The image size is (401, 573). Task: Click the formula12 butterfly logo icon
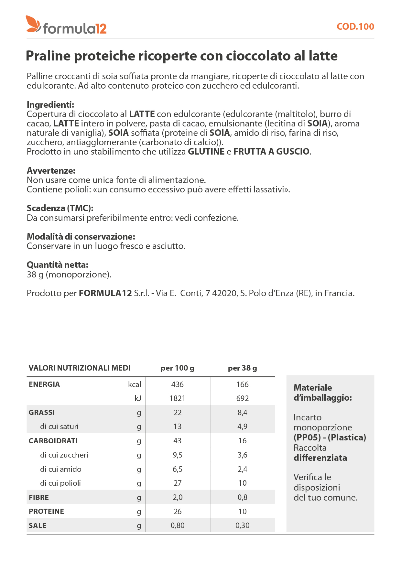(x=33, y=24)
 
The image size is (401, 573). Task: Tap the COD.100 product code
(x=355, y=27)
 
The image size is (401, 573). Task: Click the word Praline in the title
(x=48, y=56)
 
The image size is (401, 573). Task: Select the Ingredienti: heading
(x=50, y=105)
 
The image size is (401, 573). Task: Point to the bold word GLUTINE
(x=206, y=152)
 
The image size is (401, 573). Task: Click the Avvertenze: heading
(x=51, y=170)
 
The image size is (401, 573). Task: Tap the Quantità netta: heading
(x=57, y=265)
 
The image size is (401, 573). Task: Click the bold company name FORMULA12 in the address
(x=105, y=293)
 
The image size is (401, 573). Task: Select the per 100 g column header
(x=177, y=368)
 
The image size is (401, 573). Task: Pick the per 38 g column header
(x=242, y=368)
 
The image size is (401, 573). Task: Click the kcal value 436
(x=177, y=384)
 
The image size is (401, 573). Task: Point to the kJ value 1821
(x=177, y=398)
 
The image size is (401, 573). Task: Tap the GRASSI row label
(x=42, y=413)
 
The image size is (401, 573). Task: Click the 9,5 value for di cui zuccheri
(x=177, y=455)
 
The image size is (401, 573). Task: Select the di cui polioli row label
(x=60, y=483)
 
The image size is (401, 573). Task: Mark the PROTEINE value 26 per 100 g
(x=177, y=512)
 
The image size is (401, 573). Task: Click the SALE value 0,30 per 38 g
(x=242, y=525)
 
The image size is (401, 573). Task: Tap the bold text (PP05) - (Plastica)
(x=330, y=438)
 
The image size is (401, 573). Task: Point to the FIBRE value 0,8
(x=242, y=497)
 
